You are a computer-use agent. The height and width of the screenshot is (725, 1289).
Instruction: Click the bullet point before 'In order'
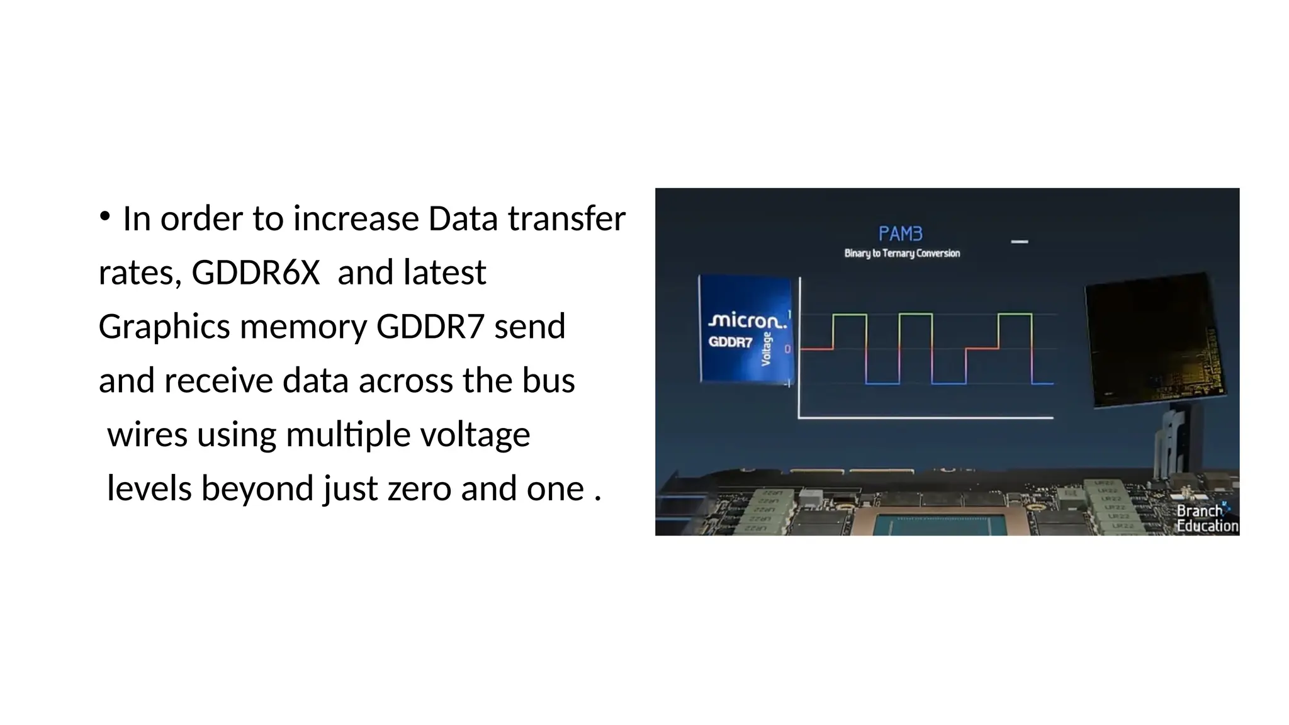click(104, 217)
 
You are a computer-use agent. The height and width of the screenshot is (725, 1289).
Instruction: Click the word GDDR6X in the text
click(256, 273)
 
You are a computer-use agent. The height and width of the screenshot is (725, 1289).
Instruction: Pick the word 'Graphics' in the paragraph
click(164, 327)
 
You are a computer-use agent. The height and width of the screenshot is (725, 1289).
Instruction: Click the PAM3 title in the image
click(900, 234)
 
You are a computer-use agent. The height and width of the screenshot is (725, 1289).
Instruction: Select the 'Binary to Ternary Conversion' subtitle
click(902, 253)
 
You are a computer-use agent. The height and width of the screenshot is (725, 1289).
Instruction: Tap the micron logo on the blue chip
click(747, 320)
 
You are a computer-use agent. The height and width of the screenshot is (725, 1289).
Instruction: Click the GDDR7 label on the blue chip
click(730, 342)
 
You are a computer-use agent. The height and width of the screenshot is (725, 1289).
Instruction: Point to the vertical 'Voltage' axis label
click(766, 349)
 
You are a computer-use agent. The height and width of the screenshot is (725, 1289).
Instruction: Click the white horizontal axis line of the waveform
click(925, 417)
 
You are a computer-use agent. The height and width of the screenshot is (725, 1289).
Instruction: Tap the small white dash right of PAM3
click(1019, 242)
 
